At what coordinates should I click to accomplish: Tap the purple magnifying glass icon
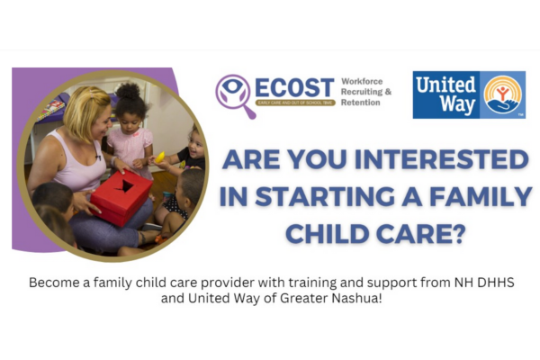click(x=233, y=92)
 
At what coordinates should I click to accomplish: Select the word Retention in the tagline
click(x=360, y=103)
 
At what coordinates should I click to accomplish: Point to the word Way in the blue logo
click(x=436, y=104)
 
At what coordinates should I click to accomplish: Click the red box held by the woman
click(x=121, y=196)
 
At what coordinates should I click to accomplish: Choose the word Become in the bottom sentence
click(x=53, y=282)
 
